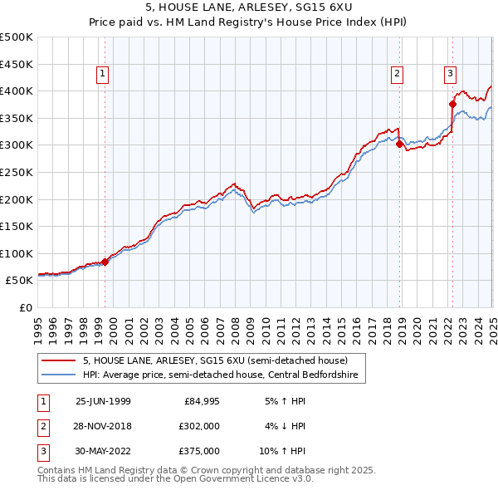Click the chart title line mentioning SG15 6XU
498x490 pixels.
(248, 10)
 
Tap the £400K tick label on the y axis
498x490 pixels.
(17, 91)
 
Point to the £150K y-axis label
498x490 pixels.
(17, 226)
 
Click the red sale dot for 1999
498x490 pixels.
(105, 262)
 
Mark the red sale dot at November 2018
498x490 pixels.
(400, 144)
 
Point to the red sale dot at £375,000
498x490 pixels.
(453, 104)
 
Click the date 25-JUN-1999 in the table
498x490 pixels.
(103, 401)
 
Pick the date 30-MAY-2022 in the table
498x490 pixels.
(103, 451)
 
